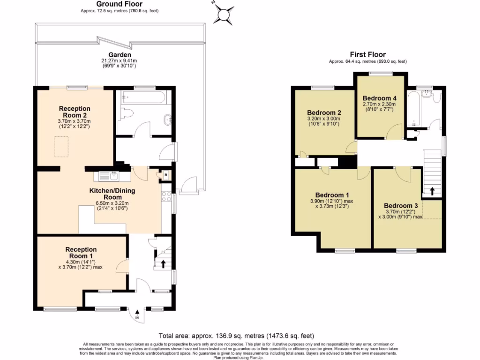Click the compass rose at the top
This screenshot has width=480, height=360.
pos(224,13)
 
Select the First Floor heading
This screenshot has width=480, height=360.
pos(367,54)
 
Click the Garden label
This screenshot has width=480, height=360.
pos(119,54)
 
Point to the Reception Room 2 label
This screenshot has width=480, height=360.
pos(75,112)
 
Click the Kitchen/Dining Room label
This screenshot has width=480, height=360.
pos(112,194)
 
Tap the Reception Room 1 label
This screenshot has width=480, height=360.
pos(81,253)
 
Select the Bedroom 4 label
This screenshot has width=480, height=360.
pos(380,98)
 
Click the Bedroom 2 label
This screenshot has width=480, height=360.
pos(323,113)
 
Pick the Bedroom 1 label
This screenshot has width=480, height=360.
pos(332,195)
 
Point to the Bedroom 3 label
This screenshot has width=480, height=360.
pos(400,206)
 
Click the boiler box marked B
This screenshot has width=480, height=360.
pos(165,176)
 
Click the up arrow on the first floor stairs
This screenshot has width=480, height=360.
pos(432,191)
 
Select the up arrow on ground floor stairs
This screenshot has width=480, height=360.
pos(163,264)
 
